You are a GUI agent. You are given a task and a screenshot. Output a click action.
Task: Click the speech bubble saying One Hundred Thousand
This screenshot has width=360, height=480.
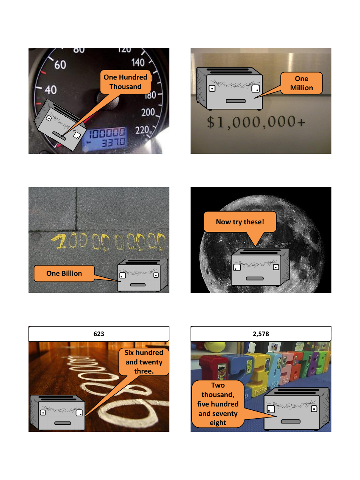pyautogui.click(x=125, y=82)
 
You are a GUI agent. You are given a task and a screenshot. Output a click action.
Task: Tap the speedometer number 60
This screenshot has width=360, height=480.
pyautogui.click(x=60, y=65)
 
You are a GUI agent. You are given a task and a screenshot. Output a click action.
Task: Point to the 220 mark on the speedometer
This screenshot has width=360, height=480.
pyautogui.click(x=142, y=130)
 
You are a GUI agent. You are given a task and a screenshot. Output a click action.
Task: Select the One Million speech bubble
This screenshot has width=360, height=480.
pyautogui.click(x=301, y=83)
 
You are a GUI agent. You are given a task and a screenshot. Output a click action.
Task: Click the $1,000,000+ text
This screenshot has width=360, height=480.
pyautogui.click(x=256, y=122)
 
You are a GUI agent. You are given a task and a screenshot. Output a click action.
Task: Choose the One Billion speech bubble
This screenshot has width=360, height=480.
pyautogui.click(x=64, y=273)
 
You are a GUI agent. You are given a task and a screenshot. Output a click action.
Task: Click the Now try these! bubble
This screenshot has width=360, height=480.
pyautogui.click(x=240, y=222)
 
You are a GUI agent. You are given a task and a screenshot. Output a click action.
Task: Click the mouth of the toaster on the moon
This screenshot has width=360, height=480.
pyautogui.click(x=255, y=278)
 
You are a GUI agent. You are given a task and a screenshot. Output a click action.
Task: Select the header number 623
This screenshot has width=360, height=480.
pyautogui.click(x=99, y=334)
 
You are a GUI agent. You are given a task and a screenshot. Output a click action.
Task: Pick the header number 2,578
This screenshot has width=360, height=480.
pyautogui.click(x=261, y=334)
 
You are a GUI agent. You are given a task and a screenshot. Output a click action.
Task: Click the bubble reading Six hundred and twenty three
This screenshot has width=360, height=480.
pyautogui.click(x=144, y=362)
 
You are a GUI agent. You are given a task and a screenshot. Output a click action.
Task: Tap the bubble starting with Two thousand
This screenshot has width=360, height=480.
pyautogui.click(x=218, y=404)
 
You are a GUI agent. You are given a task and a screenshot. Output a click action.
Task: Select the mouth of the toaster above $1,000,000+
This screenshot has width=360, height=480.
pyautogui.click(x=236, y=101)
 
